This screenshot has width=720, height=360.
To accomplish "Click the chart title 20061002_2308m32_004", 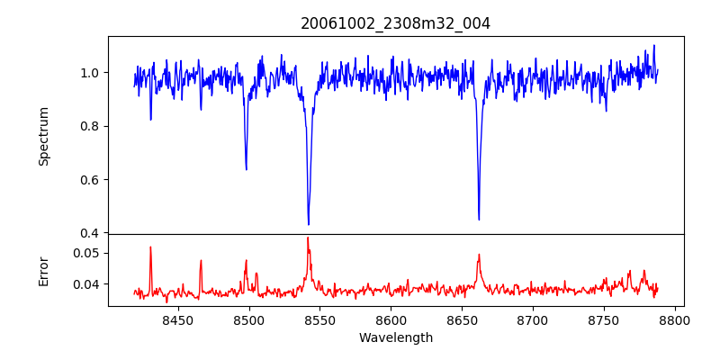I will [396, 23].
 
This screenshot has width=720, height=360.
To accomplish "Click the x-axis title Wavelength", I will [396, 337].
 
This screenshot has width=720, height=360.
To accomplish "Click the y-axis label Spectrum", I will [43, 136].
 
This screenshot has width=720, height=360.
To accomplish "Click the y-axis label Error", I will [43, 270].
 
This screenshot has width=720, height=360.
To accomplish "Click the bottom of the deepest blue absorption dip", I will [309, 224].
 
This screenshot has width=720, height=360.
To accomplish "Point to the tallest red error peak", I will [308, 238].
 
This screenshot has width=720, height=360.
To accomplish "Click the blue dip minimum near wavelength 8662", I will [479, 219].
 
